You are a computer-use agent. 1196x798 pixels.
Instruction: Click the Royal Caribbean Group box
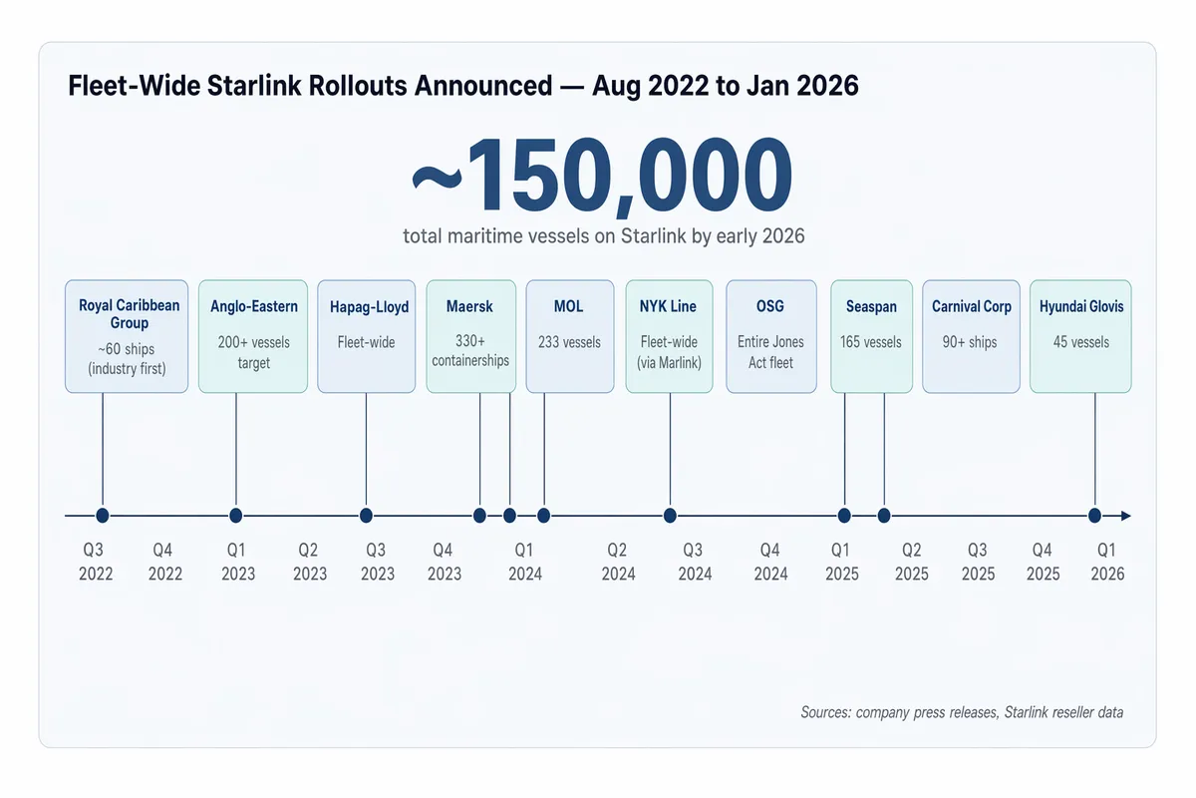point(127,336)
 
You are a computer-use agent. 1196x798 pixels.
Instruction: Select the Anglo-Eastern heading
point(253,306)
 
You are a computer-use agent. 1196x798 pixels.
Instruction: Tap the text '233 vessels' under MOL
point(568,342)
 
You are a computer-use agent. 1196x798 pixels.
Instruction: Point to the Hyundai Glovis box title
point(1080,306)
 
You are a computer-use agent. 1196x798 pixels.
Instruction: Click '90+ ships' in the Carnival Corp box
point(971,342)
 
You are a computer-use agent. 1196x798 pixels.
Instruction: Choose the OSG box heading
point(770,306)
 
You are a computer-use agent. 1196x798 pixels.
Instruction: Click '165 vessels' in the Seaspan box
point(871,342)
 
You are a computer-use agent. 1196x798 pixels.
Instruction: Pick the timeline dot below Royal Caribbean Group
point(102,516)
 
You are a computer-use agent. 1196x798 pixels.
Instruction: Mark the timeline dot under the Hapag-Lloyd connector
point(366,516)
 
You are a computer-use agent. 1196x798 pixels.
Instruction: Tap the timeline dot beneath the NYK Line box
point(670,516)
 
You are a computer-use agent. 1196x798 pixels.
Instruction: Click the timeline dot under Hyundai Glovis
point(1094,516)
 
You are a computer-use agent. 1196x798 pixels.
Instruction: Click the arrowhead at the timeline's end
point(1125,516)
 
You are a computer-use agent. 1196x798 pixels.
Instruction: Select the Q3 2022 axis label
point(96,562)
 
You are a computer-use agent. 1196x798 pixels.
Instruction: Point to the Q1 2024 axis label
point(524,562)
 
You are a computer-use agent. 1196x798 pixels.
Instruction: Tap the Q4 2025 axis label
point(1043,562)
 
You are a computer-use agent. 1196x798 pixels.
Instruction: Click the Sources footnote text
point(962,712)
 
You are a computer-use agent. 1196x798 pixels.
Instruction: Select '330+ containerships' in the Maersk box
point(470,351)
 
